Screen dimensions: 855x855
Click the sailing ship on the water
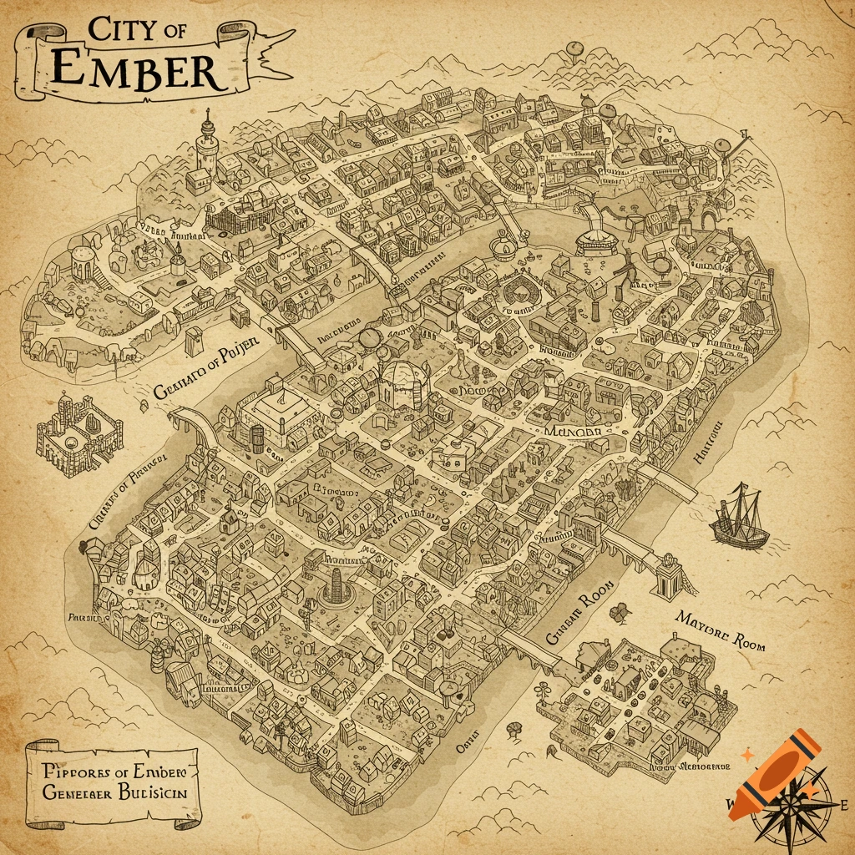pyautogui.click(x=739, y=517)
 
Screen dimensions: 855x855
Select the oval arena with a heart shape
pyautogui.click(x=517, y=292)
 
